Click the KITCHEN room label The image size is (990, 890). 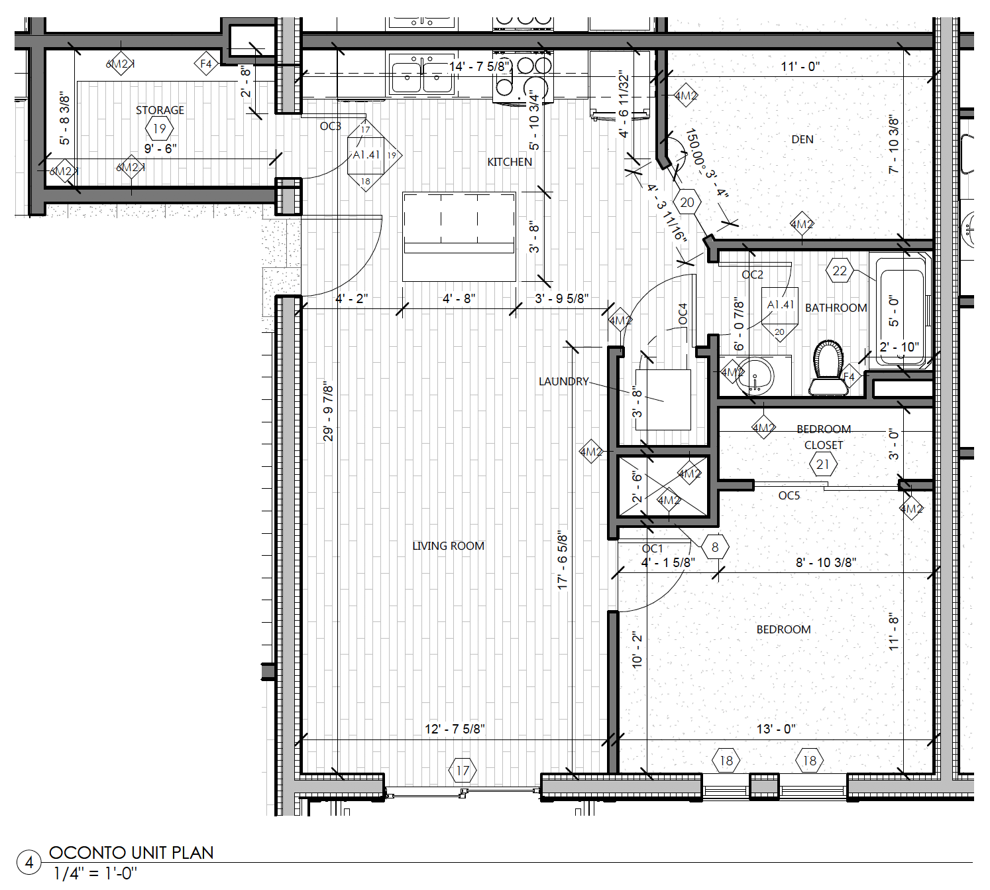pyautogui.click(x=509, y=162)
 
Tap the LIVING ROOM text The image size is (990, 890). pyautogui.click(x=448, y=546)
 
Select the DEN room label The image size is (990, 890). pyautogui.click(x=802, y=139)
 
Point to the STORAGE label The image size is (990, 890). pyautogui.click(x=160, y=110)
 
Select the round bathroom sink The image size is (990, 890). pyautogui.click(x=755, y=376)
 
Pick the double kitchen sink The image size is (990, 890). pyautogui.click(x=421, y=77)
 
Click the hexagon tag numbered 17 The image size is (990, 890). pyautogui.click(x=463, y=771)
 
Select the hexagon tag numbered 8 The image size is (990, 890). pyautogui.click(x=715, y=547)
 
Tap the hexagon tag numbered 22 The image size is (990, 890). pyautogui.click(x=840, y=271)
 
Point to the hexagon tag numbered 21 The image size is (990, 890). pyautogui.click(x=823, y=464)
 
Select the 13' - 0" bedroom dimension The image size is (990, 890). pyautogui.click(x=775, y=729)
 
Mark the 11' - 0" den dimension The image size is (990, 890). pyautogui.click(x=800, y=66)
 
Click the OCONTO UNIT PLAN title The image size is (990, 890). pyautogui.click(x=131, y=853)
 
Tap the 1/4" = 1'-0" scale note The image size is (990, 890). pyautogui.click(x=95, y=873)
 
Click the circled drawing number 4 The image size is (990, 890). pyautogui.click(x=29, y=863)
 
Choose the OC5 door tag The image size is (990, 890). pyautogui.click(x=789, y=495)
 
